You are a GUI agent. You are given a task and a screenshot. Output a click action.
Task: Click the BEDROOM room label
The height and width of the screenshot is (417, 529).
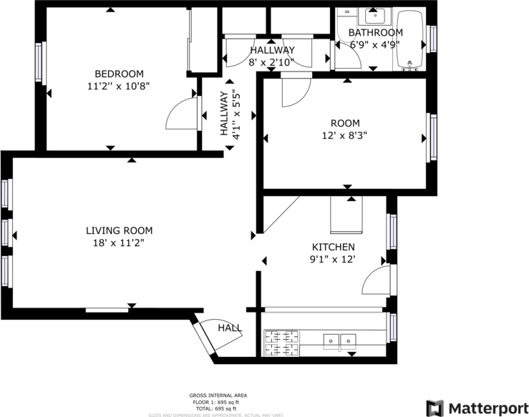pyautogui.click(x=119, y=74)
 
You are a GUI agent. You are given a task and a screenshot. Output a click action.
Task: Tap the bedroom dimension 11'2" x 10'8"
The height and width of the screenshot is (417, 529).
pyautogui.click(x=119, y=86)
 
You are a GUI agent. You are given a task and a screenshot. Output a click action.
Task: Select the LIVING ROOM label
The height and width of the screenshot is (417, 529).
pyautogui.click(x=119, y=230)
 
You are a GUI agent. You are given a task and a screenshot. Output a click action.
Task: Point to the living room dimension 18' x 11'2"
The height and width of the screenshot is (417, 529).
pyautogui.click(x=119, y=242)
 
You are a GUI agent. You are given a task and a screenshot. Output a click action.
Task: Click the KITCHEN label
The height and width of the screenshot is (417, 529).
pyautogui.click(x=332, y=247)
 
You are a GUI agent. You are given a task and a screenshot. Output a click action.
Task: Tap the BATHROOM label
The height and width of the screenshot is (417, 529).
pyautogui.click(x=375, y=33)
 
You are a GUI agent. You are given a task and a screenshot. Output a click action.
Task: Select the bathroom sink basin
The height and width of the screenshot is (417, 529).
pyautogui.click(x=375, y=15)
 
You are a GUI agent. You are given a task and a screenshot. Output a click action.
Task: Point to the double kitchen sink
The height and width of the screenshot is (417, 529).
pyautogui.click(x=339, y=340)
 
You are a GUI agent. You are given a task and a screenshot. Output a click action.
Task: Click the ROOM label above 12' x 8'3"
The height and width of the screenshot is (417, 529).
pyautogui.click(x=345, y=123)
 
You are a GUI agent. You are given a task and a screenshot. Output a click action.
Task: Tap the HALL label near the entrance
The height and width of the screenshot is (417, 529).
pyautogui.click(x=230, y=328)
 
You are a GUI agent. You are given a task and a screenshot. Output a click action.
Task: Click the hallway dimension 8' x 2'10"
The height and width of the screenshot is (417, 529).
pyautogui.click(x=271, y=62)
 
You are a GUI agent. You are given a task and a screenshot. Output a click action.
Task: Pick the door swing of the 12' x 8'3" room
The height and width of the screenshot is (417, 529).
pyautogui.click(x=295, y=93)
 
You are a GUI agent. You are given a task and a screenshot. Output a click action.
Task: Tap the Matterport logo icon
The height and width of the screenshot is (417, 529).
pyautogui.click(x=435, y=408)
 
